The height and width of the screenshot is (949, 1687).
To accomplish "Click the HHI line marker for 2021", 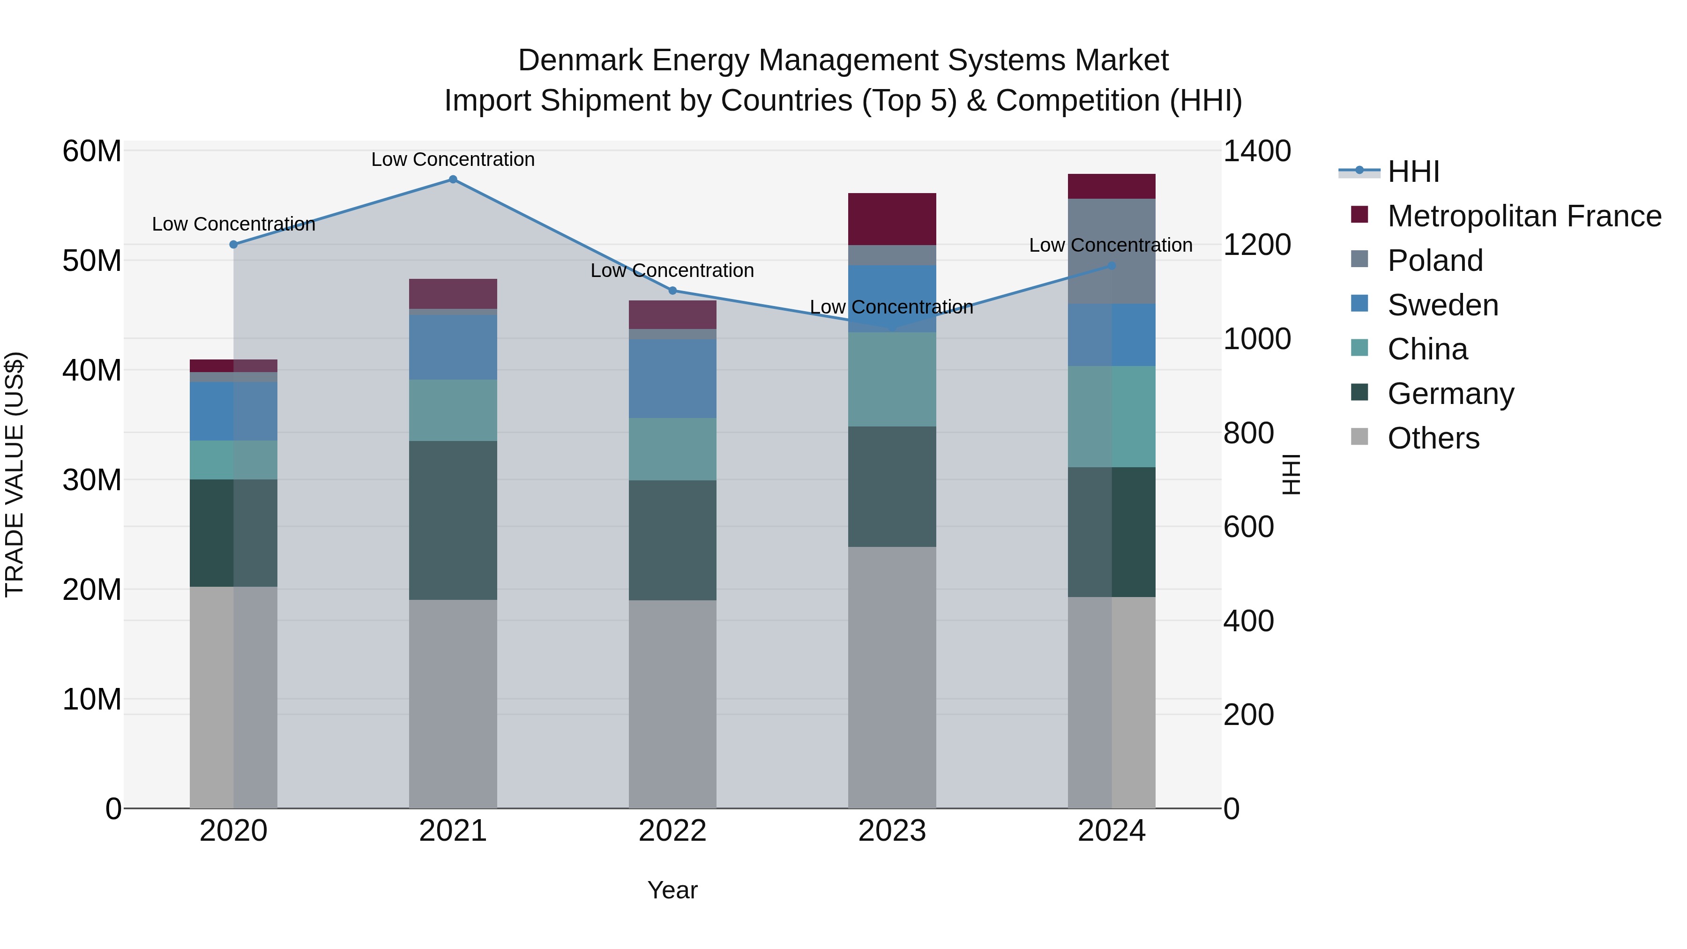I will click(x=453, y=179).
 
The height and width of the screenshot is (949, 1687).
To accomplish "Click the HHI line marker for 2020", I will click(x=234, y=244).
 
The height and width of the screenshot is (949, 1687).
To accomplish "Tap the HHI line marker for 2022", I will click(x=672, y=291).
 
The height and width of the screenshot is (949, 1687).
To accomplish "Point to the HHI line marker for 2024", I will click(x=1112, y=266).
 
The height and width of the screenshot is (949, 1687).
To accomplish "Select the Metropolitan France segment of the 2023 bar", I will click(x=892, y=219).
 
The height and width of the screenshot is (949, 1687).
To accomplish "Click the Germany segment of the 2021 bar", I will click(x=453, y=521).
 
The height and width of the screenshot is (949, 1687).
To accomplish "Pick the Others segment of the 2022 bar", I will click(x=672, y=704).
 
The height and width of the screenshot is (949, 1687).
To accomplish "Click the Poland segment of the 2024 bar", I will click(x=1112, y=252).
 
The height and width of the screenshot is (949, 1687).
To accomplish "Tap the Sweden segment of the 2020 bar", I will click(x=234, y=411).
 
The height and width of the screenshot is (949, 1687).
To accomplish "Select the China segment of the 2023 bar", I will click(x=892, y=380).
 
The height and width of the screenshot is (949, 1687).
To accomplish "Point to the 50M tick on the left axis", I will click(x=92, y=261).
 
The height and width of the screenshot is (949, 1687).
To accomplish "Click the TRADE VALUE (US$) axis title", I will click(x=15, y=475).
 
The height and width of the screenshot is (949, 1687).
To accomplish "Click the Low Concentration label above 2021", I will click(x=453, y=160).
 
